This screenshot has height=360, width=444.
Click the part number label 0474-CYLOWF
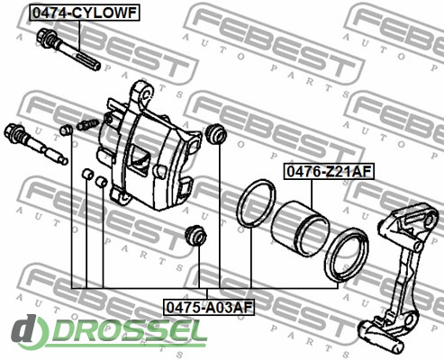85,13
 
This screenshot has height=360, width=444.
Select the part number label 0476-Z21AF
329,172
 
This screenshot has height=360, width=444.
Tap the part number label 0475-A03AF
209,307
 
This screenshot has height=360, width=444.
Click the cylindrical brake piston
300,229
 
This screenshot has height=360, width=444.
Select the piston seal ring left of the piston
256,202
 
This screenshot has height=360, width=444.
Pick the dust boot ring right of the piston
346,255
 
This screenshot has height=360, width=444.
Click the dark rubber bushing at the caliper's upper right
216,133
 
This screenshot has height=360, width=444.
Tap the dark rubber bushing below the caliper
195,235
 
